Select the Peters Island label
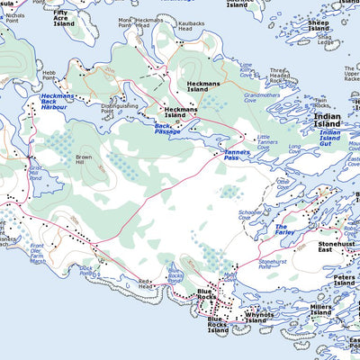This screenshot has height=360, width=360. (344, 281)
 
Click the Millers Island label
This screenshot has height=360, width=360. (320, 310)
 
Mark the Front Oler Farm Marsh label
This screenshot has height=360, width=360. (39, 255)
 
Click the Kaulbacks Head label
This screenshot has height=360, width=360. (179, 26)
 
